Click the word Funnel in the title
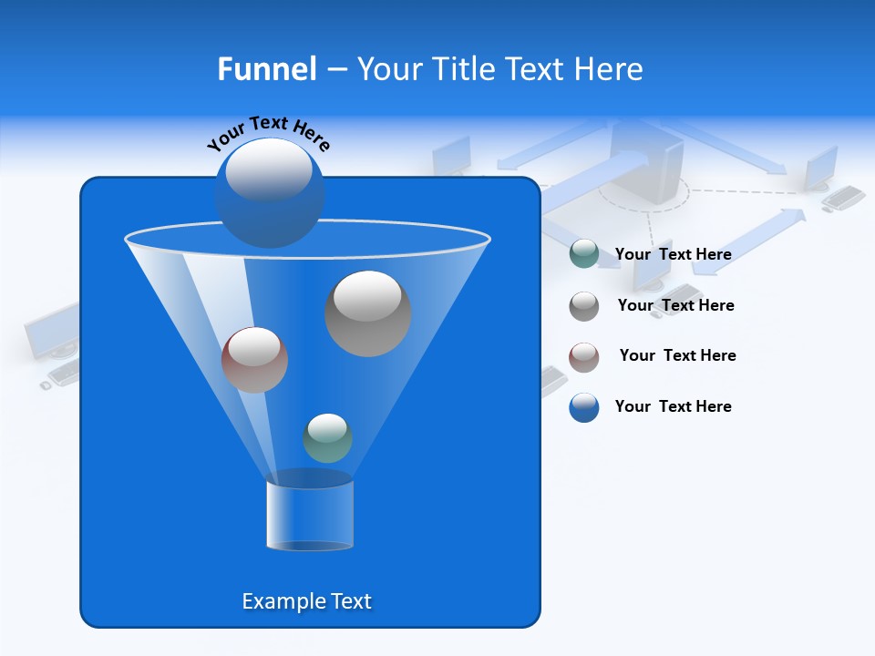click(x=267, y=69)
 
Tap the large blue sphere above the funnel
click(x=270, y=192)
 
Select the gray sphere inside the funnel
click(x=367, y=313)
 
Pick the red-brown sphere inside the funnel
click(x=254, y=360)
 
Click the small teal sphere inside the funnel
click(x=327, y=438)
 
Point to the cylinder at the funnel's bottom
click(x=309, y=516)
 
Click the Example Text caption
click(x=307, y=601)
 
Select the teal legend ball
click(x=584, y=254)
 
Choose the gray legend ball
click(x=584, y=305)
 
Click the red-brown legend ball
click(x=584, y=356)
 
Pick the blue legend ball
click(x=584, y=407)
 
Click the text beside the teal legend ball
click(x=673, y=255)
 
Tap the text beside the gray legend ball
click(x=675, y=306)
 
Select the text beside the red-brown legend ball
click(x=677, y=356)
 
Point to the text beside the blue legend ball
click(x=673, y=407)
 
